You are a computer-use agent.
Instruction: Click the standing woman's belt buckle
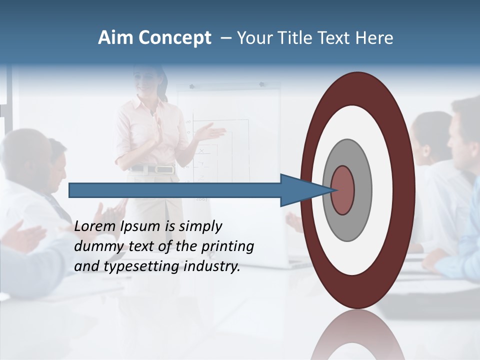pyautogui.click(x=166, y=169)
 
